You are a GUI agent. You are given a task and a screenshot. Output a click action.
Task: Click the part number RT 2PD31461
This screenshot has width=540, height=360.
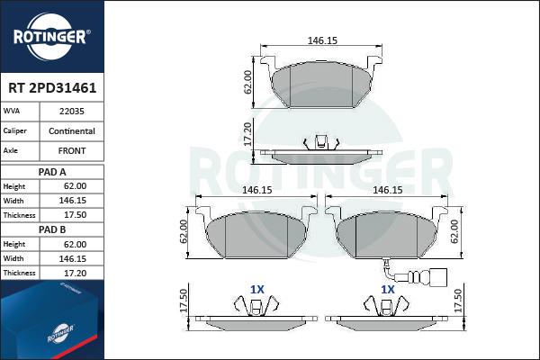52,88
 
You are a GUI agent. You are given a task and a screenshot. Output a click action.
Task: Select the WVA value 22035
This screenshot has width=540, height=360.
72,112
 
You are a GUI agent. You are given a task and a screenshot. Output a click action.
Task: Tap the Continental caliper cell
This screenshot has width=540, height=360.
72,130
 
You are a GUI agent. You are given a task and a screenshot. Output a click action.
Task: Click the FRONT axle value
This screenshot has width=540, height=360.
72,150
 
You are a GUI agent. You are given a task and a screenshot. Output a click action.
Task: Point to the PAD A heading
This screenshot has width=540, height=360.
52,172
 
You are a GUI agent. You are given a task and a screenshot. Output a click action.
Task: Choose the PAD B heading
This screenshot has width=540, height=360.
52,229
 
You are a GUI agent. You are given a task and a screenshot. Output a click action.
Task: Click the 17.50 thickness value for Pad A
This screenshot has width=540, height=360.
75,215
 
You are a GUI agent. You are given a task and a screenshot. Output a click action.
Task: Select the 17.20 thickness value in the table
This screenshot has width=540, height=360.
75,274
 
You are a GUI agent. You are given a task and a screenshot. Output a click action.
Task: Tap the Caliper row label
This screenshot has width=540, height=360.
14,130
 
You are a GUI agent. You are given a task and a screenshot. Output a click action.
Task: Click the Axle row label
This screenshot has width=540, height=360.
10,150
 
